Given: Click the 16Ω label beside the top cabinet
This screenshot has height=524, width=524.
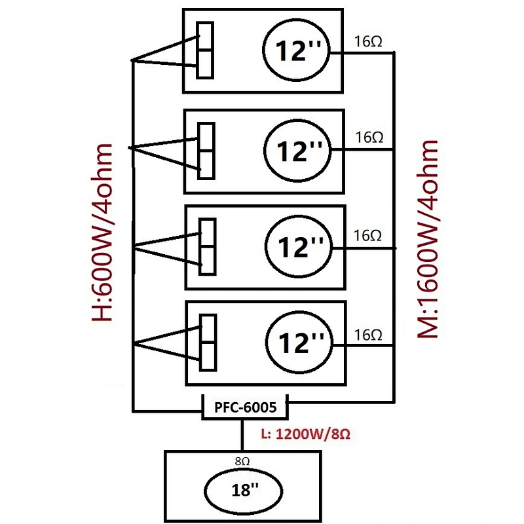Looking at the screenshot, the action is pyautogui.click(x=368, y=41).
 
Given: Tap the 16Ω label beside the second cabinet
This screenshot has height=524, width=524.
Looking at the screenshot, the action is pyautogui.click(x=369, y=138).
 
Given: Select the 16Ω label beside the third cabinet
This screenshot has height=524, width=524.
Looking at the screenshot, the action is pyautogui.click(x=367, y=236).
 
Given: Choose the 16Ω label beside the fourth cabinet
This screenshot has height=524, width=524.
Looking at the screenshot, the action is pyautogui.click(x=368, y=335).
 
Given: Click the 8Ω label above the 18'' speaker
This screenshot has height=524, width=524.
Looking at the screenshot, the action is pyautogui.click(x=242, y=461).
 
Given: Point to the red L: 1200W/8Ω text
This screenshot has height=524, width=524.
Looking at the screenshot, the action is pyautogui.click(x=306, y=434).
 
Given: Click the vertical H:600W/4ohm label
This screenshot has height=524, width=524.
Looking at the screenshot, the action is pyautogui.click(x=102, y=233).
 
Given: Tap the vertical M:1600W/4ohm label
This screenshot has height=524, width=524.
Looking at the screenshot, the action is pyautogui.click(x=428, y=239).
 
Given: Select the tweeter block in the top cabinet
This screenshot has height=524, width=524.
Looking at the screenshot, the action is pyautogui.click(x=205, y=50).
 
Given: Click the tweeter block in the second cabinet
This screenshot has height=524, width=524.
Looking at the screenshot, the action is pyautogui.click(x=206, y=151).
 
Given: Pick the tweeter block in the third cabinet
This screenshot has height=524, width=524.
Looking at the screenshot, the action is pyautogui.click(x=208, y=247).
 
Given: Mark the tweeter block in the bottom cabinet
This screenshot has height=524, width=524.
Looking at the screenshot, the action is pyautogui.click(x=208, y=343).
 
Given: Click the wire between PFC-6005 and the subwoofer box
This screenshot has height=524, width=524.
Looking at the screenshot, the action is pyautogui.click(x=242, y=435).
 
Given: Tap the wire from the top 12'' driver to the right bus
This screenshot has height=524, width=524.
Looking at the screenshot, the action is pyautogui.click(x=362, y=52).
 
